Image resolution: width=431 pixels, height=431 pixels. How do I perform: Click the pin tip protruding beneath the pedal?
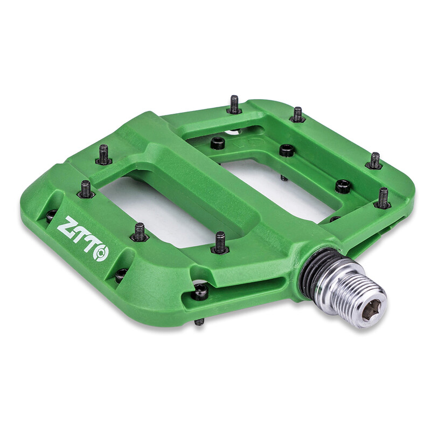(x=199, y=322)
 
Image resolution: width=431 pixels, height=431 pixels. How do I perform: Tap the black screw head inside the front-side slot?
(x=200, y=291)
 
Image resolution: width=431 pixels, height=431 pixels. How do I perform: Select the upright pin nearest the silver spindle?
(x=220, y=243)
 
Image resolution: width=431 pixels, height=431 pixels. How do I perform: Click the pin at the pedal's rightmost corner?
(x=383, y=198)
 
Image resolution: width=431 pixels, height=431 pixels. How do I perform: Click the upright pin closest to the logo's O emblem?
(x=140, y=232)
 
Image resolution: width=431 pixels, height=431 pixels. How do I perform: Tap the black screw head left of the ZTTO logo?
(x=51, y=215)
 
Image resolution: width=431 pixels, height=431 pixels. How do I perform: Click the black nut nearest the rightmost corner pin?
(x=343, y=186)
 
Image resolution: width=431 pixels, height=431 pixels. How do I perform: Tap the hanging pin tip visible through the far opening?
(x=284, y=178)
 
